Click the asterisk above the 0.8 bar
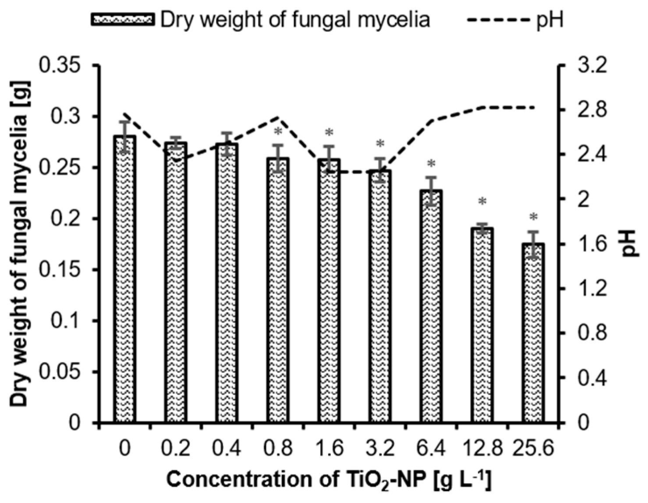coord(279,132)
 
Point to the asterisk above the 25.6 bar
coord(533,218)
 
